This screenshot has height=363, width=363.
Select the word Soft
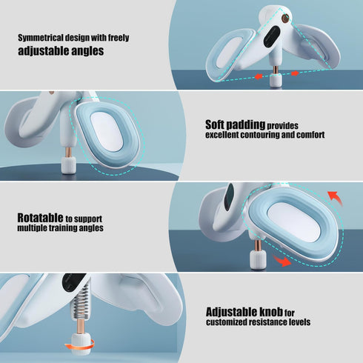point(215,124)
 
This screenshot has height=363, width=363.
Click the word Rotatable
point(40,218)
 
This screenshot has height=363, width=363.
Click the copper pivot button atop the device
point(286,19)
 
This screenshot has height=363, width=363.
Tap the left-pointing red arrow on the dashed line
point(259,76)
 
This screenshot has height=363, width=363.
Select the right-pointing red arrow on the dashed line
point(295,73)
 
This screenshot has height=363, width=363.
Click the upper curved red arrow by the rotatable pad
point(335,198)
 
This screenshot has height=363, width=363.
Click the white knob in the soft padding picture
point(69,165)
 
